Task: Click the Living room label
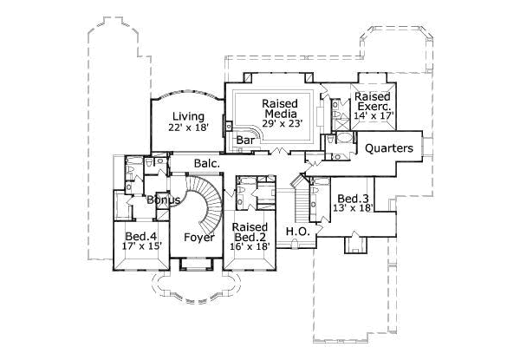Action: (187, 116)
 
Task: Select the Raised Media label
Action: (280, 108)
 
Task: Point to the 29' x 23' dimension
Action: (280, 124)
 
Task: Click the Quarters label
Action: (388, 148)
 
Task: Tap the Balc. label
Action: (206, 162)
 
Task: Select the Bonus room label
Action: (163, 200)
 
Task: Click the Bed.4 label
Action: (140, 237)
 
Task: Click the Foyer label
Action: (198, 237)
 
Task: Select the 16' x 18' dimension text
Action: (250, 247)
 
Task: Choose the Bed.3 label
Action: (351, 199)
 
